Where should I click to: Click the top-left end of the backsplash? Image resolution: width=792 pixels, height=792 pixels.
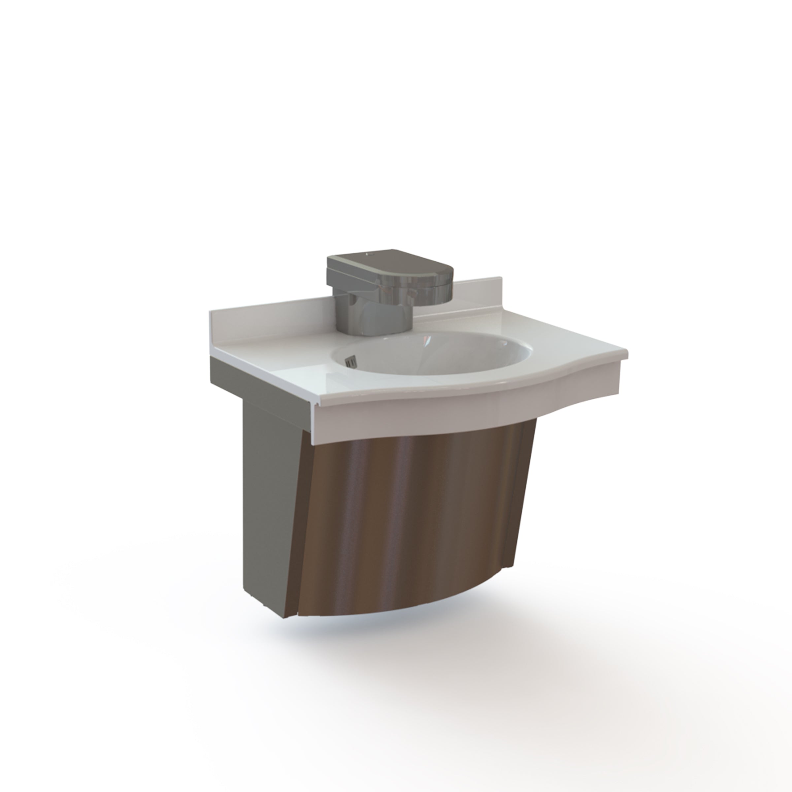click(x=212, y=313)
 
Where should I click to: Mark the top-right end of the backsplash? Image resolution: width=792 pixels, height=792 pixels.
click(x=500, y=279)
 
